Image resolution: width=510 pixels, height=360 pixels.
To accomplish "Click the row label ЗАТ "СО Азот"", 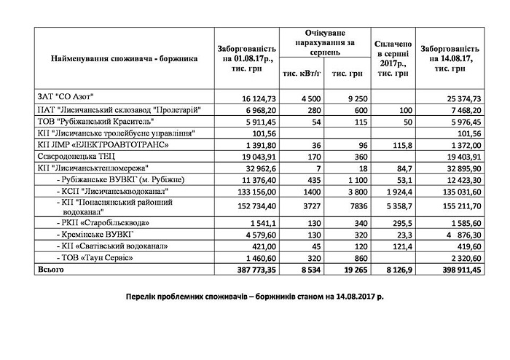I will [67, 96].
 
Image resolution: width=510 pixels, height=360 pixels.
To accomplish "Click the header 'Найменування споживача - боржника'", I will [125, 58].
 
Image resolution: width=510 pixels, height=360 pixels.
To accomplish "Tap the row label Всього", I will [50, 270].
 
